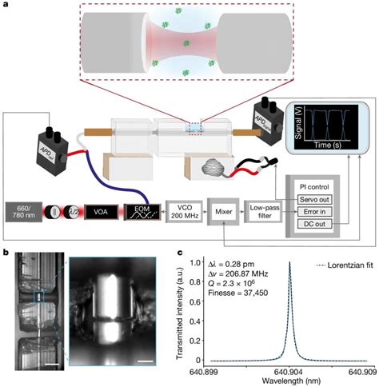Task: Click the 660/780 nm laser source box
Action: (24, 214)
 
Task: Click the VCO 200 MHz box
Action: (184, 213)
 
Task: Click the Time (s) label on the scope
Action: (329, 146)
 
